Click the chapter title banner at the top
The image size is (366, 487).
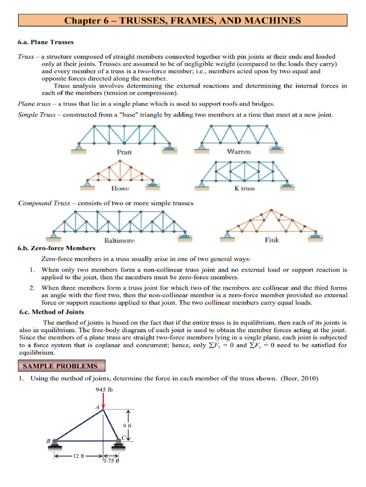(183, 20)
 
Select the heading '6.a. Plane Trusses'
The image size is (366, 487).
(46, 42)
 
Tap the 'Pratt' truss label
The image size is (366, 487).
(124, 152)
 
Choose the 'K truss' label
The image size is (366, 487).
(244, 188)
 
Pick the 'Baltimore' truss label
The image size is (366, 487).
(119, 241)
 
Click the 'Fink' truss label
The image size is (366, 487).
(272, 240)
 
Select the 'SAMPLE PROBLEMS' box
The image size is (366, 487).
(60, 366)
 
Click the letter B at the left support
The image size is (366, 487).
(48, 441)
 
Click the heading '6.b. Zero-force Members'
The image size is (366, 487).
(56, 248)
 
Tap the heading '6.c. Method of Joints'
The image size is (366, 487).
(51, 312)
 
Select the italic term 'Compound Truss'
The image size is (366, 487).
(44, 203)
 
